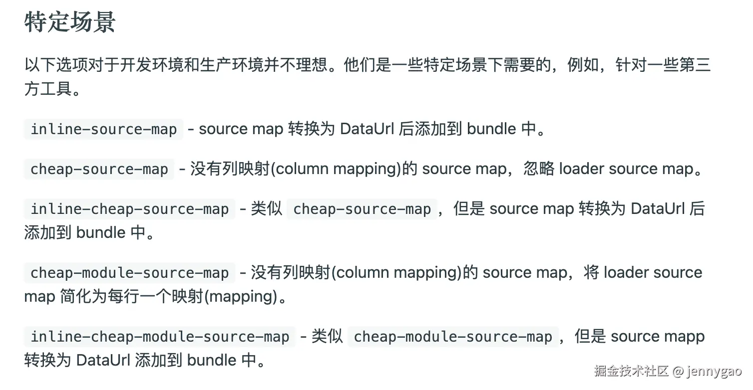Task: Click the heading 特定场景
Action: tap(70, 22)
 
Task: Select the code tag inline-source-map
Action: tap(104, 130)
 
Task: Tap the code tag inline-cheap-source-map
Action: tap(130, 209)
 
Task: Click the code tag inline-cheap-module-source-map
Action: tap(160, 337)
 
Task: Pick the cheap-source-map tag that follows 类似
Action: tap(362, 209)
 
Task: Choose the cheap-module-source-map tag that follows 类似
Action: tap(453, 337)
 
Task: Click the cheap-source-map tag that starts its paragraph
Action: tap(99, 169)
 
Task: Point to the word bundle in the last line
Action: tap(212, 360)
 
